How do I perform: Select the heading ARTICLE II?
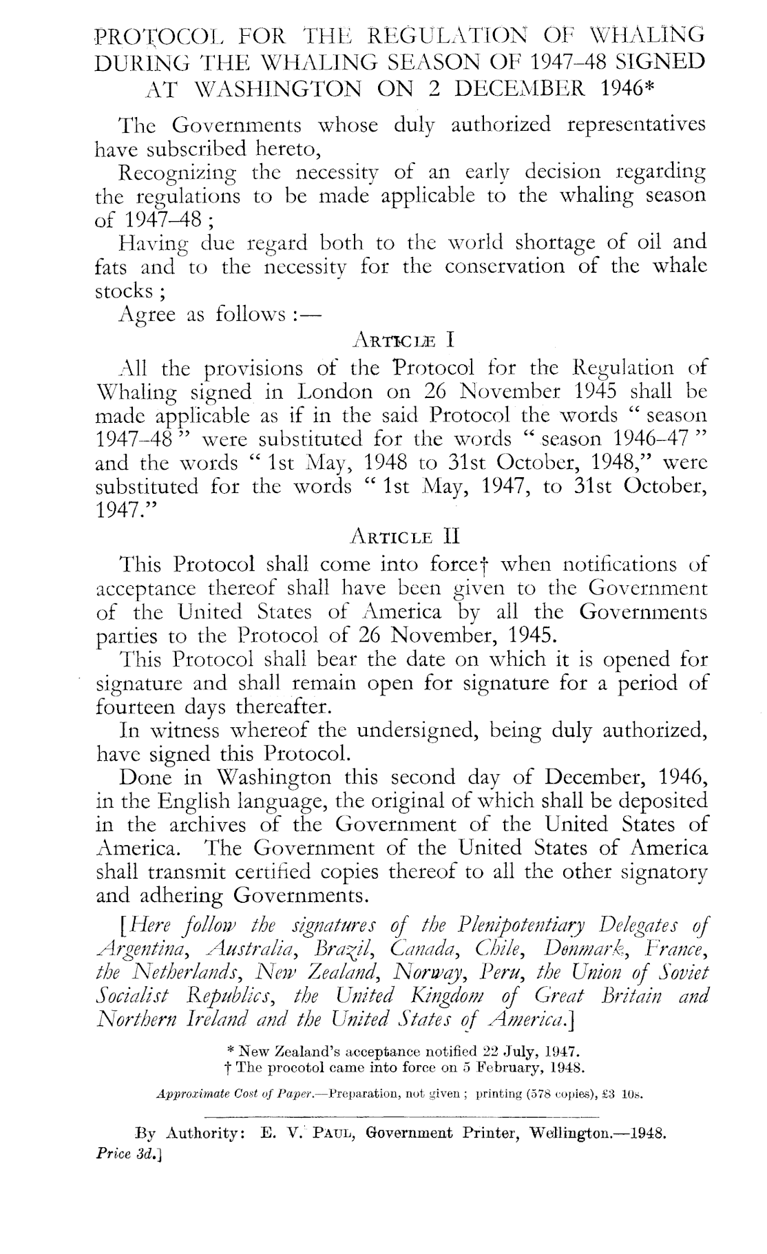coord(400,535)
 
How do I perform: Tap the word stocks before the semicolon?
coord(120,290)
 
